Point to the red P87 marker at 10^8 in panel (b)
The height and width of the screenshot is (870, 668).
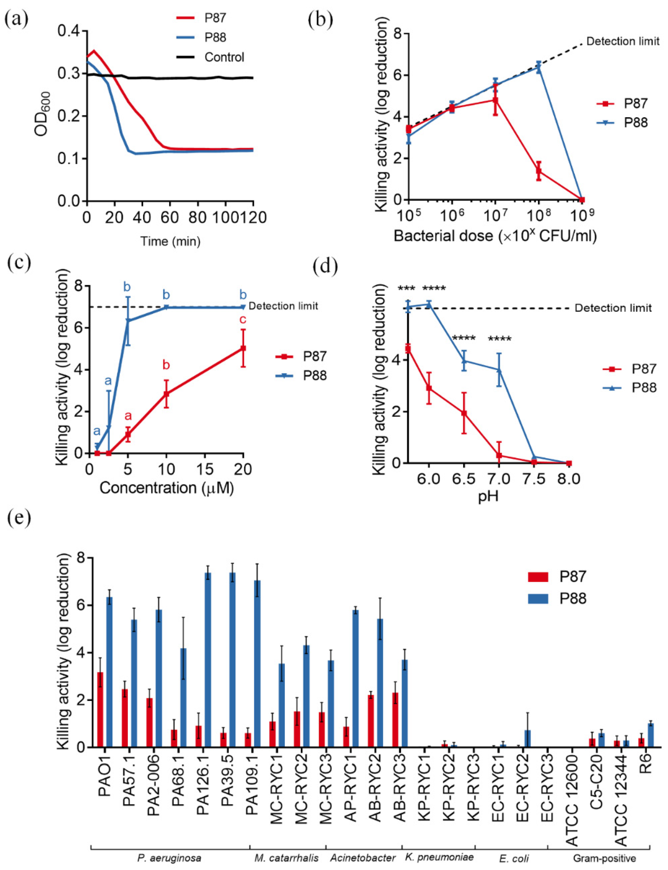(x=539, y=171)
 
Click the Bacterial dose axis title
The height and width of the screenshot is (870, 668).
(x=495, y=236)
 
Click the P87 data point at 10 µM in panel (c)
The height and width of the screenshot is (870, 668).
(x=167, y=394)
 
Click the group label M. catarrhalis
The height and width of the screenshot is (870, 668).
(x=286, y=858)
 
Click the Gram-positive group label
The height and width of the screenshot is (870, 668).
(x=604, y=858)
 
